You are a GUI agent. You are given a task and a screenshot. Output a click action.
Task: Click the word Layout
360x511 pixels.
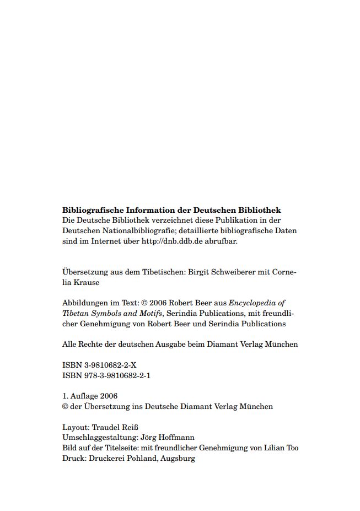click(75, 427)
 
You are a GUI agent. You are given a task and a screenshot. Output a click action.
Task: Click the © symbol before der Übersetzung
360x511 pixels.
click(65, 407)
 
